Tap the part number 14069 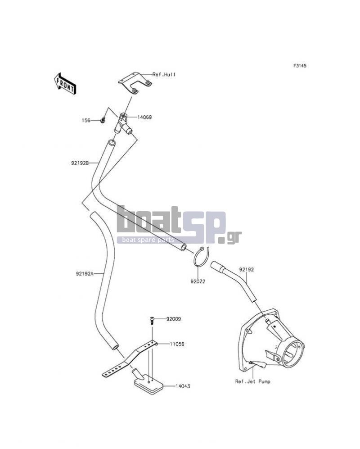[144, 118]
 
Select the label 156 [86, 121]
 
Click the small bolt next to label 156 [103, 120]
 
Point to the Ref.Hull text [164, 74]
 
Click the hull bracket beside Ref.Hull [135, 83]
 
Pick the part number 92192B [80, 163]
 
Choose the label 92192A [85, 274]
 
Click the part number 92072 [198, 281]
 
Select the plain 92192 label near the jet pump [247, 269]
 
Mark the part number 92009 [173, 319]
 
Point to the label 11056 [177, 344]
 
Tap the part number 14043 [183, 386]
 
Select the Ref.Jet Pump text [253, 381]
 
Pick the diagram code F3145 [300, 66]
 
